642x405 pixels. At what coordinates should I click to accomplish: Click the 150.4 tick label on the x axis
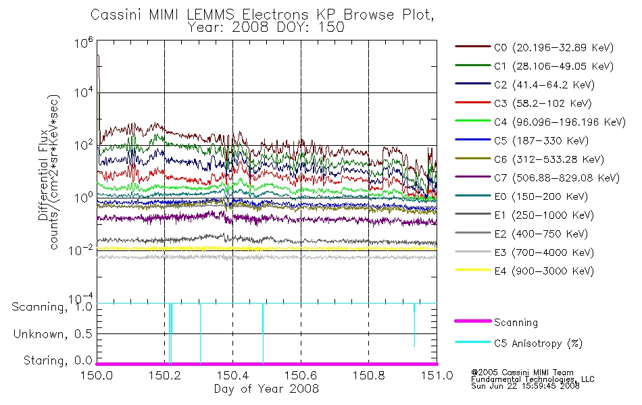point(233,375)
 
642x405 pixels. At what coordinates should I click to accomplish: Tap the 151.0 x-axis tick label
point(437,375)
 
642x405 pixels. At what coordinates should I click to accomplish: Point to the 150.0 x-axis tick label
point(97,375)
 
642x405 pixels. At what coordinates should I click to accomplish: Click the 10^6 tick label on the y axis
point(84,42)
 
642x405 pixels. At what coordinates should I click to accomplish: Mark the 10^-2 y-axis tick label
point(81,250)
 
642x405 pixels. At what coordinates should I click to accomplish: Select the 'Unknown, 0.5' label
point(53,334)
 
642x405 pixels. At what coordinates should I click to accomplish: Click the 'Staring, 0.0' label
point(57,360)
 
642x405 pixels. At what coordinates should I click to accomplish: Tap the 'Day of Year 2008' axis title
point(266,389)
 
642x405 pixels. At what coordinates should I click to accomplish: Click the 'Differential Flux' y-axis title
point(43,175)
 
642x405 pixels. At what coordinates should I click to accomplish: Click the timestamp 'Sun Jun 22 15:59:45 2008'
point(525,386)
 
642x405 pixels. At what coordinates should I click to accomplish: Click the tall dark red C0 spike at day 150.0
point(98,82)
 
